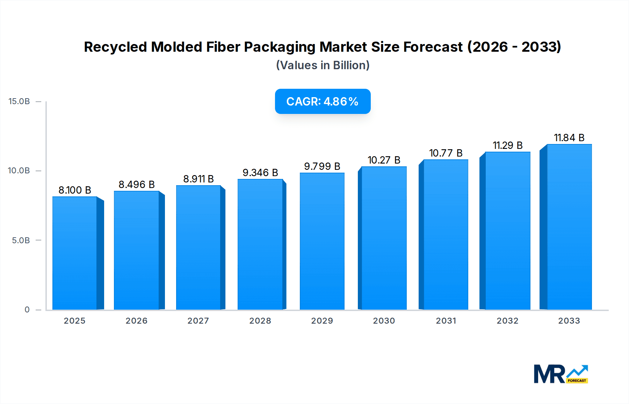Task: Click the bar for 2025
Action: [75, 253]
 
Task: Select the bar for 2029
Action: [322, 241]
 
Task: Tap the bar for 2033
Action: [569, 227]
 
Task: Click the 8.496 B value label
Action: [137, 185]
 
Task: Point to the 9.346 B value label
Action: [260, 173]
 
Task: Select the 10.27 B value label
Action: [384, 160]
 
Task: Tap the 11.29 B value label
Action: [507, 145]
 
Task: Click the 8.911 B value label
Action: [198, 179]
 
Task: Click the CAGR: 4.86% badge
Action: [323, 101]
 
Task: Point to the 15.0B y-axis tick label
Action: [19, 101]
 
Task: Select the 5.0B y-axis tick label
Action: [21, 240]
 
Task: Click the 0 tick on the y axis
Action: [27, 310]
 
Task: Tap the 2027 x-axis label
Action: [198, 321]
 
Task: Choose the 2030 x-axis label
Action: [384, 321]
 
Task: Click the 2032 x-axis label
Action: [507, 321]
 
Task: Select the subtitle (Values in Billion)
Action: [323, 65]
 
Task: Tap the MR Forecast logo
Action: [561, 374]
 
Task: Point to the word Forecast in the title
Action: [433, 47]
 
